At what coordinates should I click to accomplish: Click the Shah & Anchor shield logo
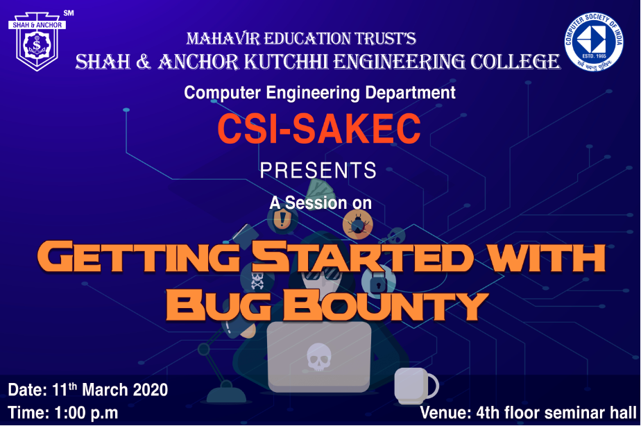tap(37, 42)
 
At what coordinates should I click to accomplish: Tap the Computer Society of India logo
tap(594, 42)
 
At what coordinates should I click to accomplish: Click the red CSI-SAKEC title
tap(319, 128)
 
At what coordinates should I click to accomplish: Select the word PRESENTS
tap(318, 170)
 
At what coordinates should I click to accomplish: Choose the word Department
tap(410, 93)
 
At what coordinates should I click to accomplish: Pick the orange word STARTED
tap(363, 257)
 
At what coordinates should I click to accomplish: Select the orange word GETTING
tap(138, 257)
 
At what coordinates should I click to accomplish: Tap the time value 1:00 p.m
tap(86, 413)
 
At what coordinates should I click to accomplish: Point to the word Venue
tap(445, 413)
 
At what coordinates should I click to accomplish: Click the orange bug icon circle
tap(358, 224)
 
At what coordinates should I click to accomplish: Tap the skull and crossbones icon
tap(257, 280)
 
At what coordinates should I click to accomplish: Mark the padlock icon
tap(379, 281)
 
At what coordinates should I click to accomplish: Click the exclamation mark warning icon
tap(282, 219)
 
